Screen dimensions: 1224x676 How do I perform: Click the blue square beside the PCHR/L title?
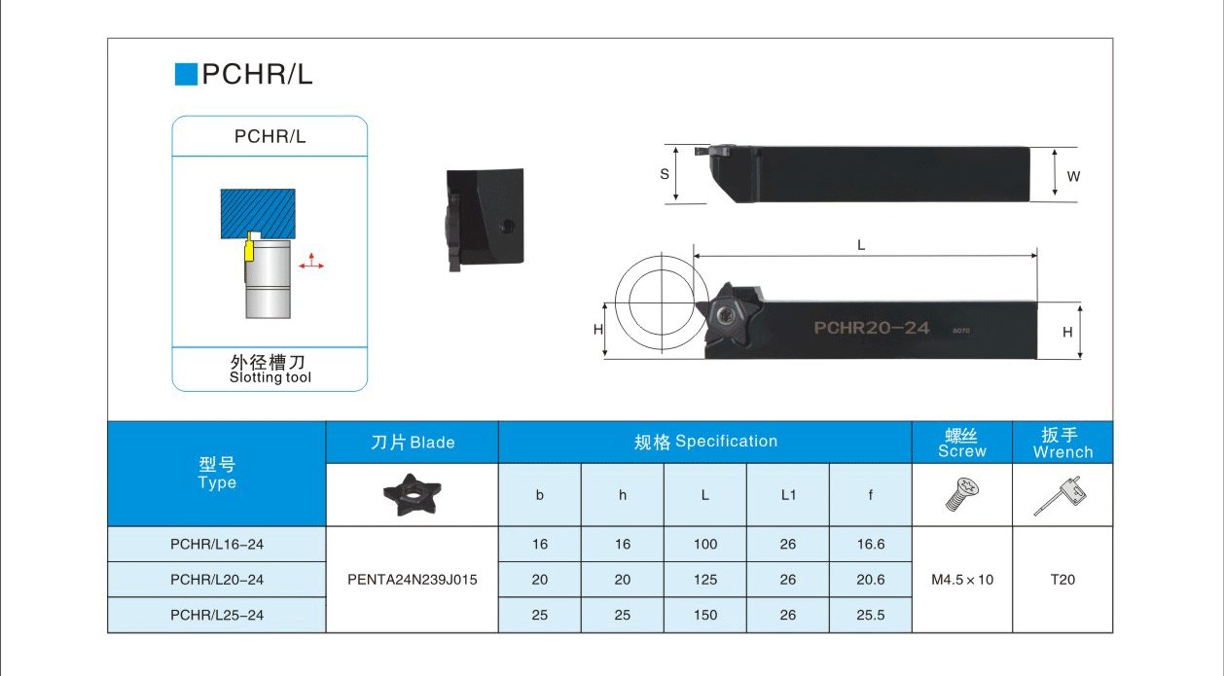tap(186, 74)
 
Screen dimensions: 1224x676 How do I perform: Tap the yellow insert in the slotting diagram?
tap(249, 247)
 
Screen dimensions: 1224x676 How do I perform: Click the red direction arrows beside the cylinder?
tap(311, 262)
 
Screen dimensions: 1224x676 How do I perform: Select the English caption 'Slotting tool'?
tap(270, 377)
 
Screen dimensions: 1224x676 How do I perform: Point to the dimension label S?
tap(665, 174)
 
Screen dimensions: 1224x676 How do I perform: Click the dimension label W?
tap(1073, 176)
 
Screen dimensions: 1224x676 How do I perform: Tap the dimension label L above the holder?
tap(861, 245)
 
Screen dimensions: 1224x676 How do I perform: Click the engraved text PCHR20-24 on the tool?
tap(872, 328)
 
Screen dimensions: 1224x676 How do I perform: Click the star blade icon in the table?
tap(412, 495)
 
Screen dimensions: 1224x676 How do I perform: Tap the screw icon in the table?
tap(962, 494)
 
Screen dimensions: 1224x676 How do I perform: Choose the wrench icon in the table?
tap(1061, 495)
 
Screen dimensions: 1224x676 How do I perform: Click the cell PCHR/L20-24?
tap(217, 580)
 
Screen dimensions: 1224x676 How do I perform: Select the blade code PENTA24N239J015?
tap(412, 580)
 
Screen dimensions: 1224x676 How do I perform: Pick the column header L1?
tap(788, 495)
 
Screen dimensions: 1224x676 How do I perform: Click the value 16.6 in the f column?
tap(871, 544)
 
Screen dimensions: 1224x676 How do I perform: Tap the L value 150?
tap(705, 615)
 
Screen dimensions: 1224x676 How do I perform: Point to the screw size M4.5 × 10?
tap(962, 580)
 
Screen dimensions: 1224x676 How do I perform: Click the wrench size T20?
tap(1062, 580)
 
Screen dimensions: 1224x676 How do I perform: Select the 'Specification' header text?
tap(726, 442)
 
